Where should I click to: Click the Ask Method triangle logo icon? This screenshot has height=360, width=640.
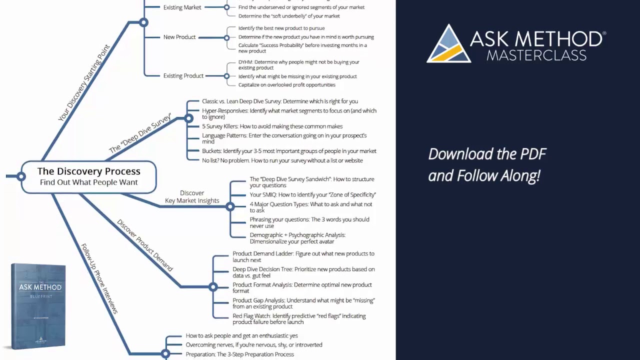[x=448, y=44]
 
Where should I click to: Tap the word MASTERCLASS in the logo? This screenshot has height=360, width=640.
[x=536, y=54]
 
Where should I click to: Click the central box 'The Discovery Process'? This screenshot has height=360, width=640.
[x=89, y=176]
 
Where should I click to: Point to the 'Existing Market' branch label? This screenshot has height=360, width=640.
[x=182, y=7]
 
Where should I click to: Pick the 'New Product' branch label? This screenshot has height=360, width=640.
[x=179, y=37]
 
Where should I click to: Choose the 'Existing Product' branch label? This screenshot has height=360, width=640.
[x=183, y=76]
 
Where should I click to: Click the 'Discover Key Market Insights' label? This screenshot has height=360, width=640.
[x=192, y=197]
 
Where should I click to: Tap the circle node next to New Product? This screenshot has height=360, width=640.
[x=226, y=37]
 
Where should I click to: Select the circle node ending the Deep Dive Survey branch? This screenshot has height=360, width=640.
[x=188, y=118]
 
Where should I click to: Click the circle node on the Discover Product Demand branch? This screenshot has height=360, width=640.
[x=213, y=287]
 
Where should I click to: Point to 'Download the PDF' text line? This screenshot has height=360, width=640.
[x=487, y=154]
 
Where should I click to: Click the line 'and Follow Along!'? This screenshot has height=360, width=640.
[x=483, y=176]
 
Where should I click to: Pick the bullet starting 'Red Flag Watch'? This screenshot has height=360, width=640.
[x=299, y=319]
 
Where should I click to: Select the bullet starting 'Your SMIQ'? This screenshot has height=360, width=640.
[x=312, y=194]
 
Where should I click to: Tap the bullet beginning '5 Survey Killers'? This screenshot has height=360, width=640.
[x=272, y=126]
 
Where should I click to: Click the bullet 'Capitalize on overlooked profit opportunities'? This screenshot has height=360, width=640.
[x=286, y=85]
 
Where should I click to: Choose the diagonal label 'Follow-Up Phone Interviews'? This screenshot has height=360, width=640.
[x=99, y=278]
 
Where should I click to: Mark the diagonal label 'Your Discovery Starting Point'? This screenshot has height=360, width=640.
[x=84, y=83]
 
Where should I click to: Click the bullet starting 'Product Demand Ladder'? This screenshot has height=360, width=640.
[x=303, y=256]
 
